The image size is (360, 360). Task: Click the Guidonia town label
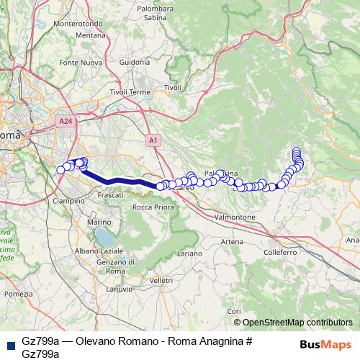click(x=134, y=63)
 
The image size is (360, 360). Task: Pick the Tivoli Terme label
click(x=130, y=93)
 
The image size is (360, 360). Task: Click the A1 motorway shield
click(x=153, y=139)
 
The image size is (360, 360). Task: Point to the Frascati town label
click(x=110, y=195)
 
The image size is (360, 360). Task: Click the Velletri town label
click(x=162, y=279)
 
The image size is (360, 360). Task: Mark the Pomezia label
click(x=18, y=294)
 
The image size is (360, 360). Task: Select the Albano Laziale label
click(x=96, y=250)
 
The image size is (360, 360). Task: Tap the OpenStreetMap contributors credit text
click(x=298, y=323)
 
